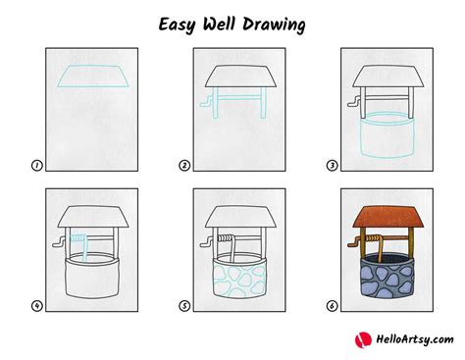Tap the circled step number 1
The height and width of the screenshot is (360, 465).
(x=36, y=166)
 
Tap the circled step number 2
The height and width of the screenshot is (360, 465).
(x=184, y=166)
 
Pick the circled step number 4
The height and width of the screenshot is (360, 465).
(x=36, y=305)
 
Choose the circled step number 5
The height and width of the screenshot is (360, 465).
(x=184, y=305)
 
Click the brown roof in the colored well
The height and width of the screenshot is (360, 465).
(x=386, y=216)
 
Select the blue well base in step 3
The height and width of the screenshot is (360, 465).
(x=386, y=137)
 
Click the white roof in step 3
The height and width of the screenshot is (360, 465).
(x=386, y=77)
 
